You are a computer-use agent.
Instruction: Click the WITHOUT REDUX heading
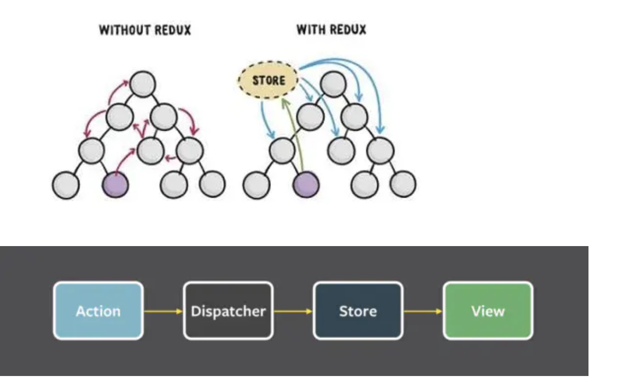pyautogui.click(x=145, y=31)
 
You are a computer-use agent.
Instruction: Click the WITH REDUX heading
pyautogui.click(x=331, y=30)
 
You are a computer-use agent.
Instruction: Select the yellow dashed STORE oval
pyautogui.click(x=268, y=80)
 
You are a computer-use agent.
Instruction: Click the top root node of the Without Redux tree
pyautogui.click(x=143, y=84)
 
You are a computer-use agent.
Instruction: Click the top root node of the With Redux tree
pyautogui.click(x=333, y=84)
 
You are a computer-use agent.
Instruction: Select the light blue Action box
pyautogui.click(x=98, y=311)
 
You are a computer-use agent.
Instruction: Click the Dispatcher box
pyautogui.click(x=228, y=311)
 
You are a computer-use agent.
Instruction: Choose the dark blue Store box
pyautogui.click(x=358, y=311)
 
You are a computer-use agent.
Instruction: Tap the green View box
pyautogui.click(x=488, y=311)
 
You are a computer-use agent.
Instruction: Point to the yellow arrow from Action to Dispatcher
pyautogui.click(x=163, y=311)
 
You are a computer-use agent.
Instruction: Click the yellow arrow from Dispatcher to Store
pyautogui.click(x=293, y=311)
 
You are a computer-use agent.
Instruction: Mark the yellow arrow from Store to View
pyautogui.click(x=423, y=311)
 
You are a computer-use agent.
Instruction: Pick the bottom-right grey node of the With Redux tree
pyautogui.click(x=402, y=185)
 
